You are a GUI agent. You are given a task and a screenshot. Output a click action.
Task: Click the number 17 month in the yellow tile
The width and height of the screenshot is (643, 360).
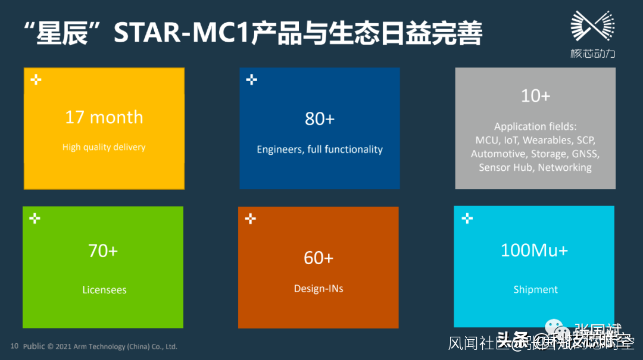click(104, 117)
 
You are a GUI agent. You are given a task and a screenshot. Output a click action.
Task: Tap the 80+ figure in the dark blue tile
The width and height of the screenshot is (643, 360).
click(320, 119)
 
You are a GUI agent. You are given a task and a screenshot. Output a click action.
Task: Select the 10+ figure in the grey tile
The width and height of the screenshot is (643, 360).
click(535, 96)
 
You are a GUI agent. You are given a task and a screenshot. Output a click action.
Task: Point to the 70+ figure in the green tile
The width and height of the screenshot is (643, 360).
click(103, 251)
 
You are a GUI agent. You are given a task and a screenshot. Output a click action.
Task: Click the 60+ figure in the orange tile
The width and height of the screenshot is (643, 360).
click(319, 258)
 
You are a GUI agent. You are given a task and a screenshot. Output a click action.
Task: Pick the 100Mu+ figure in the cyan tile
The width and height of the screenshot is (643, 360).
click(534, 250)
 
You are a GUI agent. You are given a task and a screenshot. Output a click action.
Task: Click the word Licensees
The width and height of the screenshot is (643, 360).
click(104, 290)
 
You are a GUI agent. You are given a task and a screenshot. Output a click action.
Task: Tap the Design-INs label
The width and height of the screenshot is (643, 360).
click(319, 289)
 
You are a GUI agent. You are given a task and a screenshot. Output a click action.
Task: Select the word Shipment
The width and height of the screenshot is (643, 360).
click(535, 290)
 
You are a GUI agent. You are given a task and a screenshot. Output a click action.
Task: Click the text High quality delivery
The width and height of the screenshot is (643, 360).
click(104, 148)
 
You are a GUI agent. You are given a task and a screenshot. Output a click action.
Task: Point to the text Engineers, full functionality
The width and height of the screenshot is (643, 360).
click(320, 150)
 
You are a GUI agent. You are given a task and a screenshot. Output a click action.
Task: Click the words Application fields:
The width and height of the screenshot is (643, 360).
click(535, 127)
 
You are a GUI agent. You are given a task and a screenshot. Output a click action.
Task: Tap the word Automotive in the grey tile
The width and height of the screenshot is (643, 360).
click(498, 154)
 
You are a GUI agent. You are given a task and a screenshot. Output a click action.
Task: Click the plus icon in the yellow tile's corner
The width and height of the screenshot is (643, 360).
click(36, 80)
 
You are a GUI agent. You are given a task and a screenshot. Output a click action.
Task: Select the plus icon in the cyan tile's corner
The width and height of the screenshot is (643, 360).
click(467, 219)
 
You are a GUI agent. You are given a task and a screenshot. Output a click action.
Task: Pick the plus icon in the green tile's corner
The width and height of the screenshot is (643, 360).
click(35, 219)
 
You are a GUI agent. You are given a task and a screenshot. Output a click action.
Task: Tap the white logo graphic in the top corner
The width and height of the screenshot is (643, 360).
click(592, 27)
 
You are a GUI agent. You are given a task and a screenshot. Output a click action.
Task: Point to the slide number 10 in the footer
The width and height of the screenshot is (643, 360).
click(14, 346)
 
